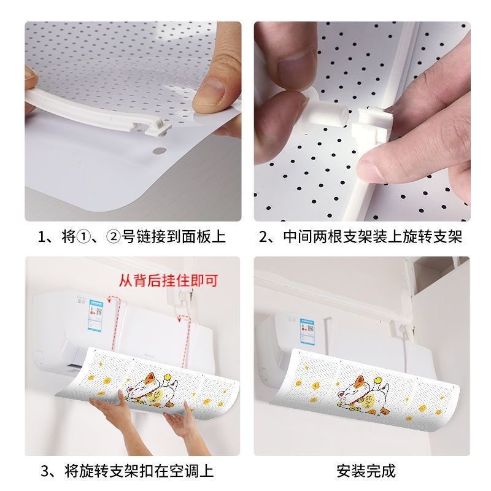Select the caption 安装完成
point(366,471)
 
